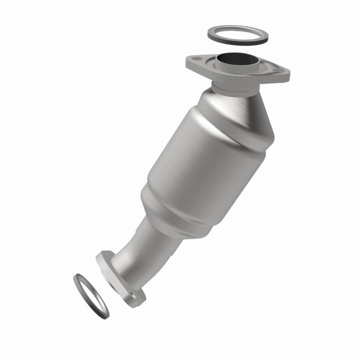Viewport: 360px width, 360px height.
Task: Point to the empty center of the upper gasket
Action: pyautogui.click(x=238, y=35)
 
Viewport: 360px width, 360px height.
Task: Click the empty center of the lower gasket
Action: pyautogui.click(x=91, y=295)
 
